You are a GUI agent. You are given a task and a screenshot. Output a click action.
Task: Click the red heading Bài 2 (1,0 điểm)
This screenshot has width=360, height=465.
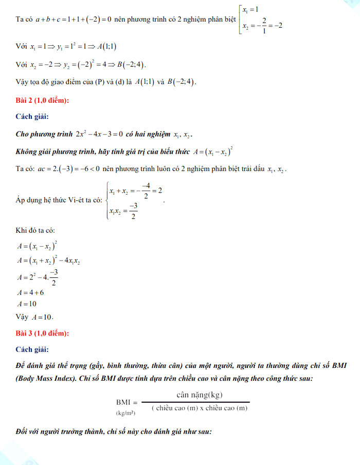pos(42,100)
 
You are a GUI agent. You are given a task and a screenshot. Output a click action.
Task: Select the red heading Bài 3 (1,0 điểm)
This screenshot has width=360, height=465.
pos(42,333)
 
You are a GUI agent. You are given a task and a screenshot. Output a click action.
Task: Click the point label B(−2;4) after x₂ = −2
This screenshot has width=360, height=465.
pos(128,65)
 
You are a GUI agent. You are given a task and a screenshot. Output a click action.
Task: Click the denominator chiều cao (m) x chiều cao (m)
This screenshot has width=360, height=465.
pos(200,408)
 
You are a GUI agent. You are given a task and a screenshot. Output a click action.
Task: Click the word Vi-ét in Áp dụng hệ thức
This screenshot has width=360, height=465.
pos(76,200)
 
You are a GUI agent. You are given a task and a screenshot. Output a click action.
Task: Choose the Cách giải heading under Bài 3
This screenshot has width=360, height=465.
pos(33,350)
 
